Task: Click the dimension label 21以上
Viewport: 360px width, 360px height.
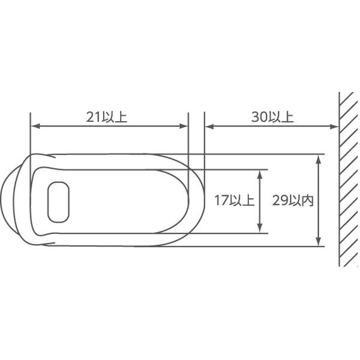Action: point(107,117)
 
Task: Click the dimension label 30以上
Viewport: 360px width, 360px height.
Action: point(272,117)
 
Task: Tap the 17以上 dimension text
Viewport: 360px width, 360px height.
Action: point(235,200)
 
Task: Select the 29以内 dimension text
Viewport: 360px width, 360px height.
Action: point(293,200)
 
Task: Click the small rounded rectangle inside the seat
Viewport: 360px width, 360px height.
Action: point(58,202)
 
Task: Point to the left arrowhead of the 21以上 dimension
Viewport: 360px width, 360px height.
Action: point(35,126)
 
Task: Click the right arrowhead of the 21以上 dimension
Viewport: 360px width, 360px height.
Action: point(184,126)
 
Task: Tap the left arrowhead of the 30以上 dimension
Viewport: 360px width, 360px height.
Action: point(209,126)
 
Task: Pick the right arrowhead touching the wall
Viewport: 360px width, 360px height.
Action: point(334,126)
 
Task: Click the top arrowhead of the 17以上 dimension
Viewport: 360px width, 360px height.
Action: point(260,175)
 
